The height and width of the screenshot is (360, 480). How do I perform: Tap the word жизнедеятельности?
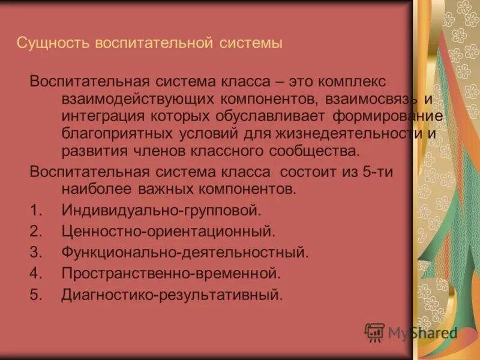tap(362, 133)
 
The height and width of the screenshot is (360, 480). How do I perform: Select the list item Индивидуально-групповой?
tap(161, 211)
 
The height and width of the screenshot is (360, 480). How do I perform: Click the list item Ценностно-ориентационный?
tap(169, 232)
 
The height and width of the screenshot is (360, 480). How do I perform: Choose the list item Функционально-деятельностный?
tap(185, 253)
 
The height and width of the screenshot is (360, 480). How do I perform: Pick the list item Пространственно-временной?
tap(171, 274)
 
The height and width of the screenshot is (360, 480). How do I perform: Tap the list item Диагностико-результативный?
tap(172, 295)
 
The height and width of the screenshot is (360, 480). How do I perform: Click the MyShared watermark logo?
tap(412, 332)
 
